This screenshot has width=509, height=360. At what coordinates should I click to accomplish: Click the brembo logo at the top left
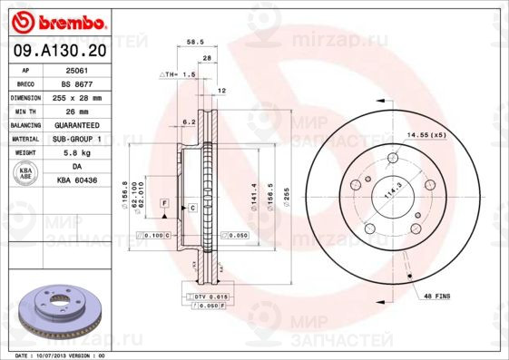57,20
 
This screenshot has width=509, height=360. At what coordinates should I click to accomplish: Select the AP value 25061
77,69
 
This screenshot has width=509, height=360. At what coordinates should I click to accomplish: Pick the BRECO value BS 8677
77,83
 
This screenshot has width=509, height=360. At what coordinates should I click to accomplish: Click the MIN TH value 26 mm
77,111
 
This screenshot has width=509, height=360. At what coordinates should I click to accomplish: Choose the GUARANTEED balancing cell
77,125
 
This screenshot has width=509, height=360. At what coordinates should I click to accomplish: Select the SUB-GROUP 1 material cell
77,139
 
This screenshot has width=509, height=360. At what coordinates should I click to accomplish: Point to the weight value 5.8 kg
77,153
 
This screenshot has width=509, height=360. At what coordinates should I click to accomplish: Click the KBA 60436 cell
77,181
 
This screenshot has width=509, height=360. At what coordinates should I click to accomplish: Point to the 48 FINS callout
438,296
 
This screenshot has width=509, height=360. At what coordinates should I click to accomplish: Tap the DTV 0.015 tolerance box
210,296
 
